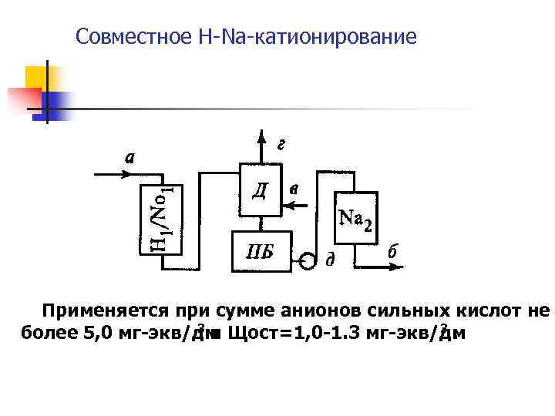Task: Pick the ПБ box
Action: point(258,250)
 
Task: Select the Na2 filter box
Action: point(355,217)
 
